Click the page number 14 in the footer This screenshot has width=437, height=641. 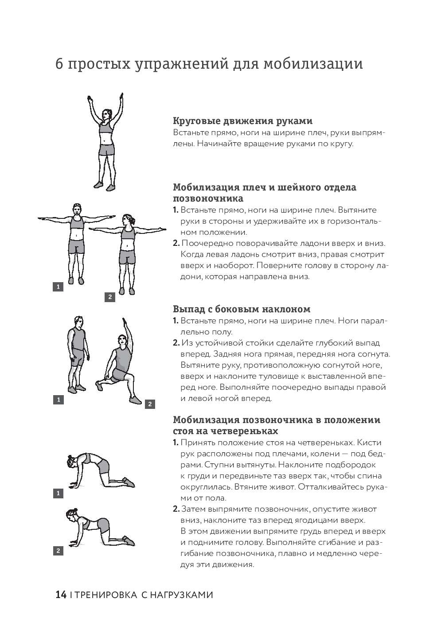point(61,594)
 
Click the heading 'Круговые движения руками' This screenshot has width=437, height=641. point(242,121)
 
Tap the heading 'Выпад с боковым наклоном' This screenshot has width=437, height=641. point(242,309)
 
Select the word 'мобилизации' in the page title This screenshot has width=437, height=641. point(313,63)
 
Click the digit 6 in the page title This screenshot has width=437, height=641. point(59,64)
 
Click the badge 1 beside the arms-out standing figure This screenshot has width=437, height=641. point(58,287)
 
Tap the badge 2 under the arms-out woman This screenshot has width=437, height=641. point(110,297)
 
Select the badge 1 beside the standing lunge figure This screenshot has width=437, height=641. point(58,400)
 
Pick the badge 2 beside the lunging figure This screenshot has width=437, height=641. point(150,404)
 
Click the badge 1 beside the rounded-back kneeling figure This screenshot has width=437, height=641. point(58,493)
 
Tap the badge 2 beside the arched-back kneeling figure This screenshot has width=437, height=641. point(58,551)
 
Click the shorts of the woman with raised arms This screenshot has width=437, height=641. point(106,150)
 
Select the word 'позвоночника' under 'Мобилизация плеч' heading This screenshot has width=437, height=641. point(208,198)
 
